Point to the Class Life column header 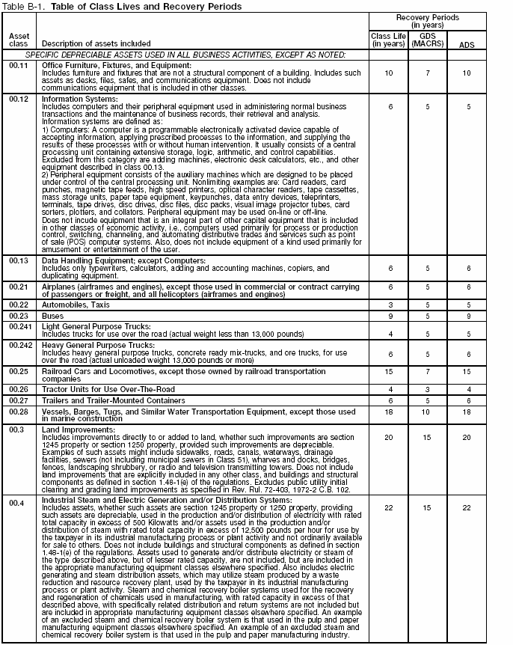click(x=388, y=40)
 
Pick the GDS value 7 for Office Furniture click(x=427, y=74)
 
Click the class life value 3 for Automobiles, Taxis click(x=388, y=305)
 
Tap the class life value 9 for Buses click(x=388, y=317)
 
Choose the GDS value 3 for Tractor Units click(x=427, y=389)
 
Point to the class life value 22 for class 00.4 click(x=388, y=508)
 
